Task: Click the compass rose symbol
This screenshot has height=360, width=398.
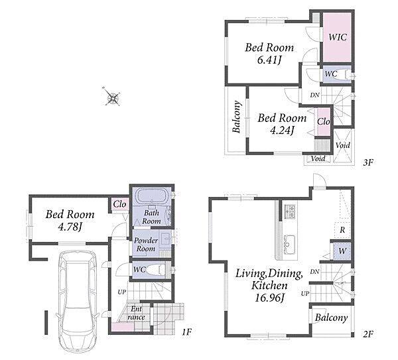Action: (x=111, y=97)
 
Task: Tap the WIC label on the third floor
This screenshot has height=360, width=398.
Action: (x=338, y=37)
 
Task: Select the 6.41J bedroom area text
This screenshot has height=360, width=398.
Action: (x=269, y=60)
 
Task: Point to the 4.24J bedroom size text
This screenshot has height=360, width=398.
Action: (x=282, y=131)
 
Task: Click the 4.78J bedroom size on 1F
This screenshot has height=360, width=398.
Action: (x=70, y=227)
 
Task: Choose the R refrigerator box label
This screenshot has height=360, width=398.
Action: (x=342, y=230)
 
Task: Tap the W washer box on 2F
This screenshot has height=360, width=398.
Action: (x=342, y=251)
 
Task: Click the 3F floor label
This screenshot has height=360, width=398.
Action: (x=367, y=162)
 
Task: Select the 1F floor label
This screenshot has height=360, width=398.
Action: (x=186, y=332)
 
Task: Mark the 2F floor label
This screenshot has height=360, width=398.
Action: (x=367, y=334)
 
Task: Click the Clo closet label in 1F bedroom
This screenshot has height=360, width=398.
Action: (x=119, y=204)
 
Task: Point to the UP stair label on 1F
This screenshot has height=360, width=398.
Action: (x=122, y=292)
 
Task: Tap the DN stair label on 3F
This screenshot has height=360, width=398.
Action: (x=314, y=95)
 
